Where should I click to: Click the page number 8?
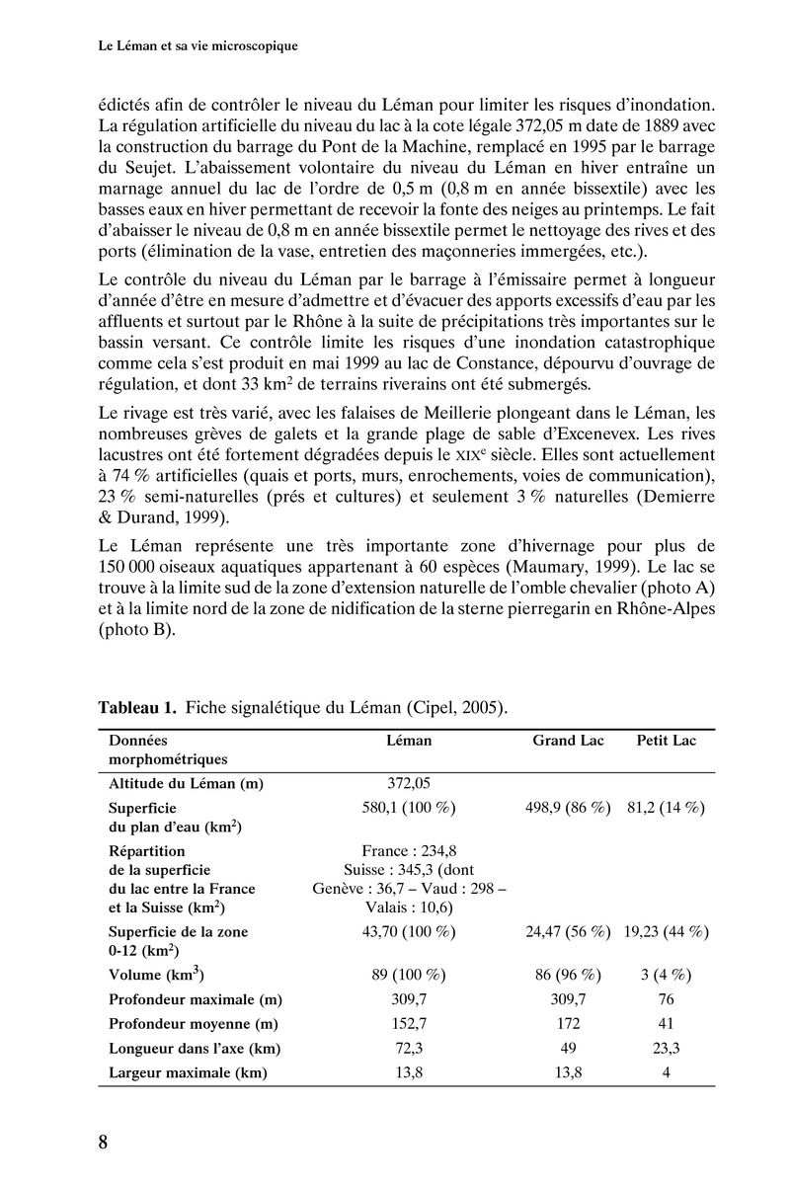pos(103,1143)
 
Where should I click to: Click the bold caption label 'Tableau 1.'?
pos(136,707)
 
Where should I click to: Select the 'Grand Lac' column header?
pos(568,740)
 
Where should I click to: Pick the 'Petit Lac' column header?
pos(666,740)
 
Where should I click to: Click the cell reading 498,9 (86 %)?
pos(568,807)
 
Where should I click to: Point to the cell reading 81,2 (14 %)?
pos(666,807)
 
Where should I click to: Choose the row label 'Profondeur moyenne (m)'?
pos(193,1024)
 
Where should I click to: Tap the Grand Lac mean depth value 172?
pos(568,1024)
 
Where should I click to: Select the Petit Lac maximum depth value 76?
pos(666,999)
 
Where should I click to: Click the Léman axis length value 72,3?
pos(409,1049)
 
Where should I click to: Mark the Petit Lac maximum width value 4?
pos(666,1073)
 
